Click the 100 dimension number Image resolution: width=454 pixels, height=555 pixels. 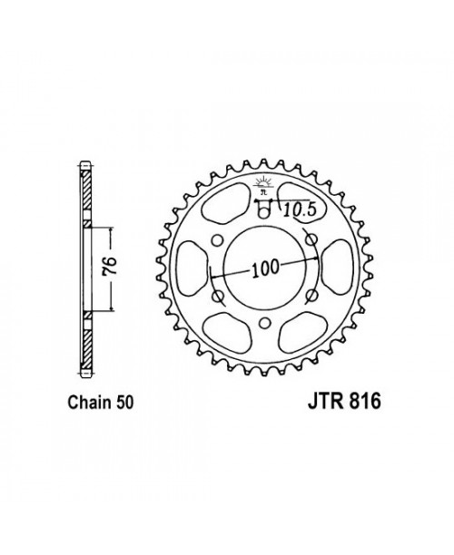[x=264, y=271]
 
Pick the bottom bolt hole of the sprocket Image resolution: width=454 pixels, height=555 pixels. [x=263, y=324]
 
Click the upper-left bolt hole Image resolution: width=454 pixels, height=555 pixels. [x=215, y=239]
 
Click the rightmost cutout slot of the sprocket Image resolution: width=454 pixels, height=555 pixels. [x=333, y=268]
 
